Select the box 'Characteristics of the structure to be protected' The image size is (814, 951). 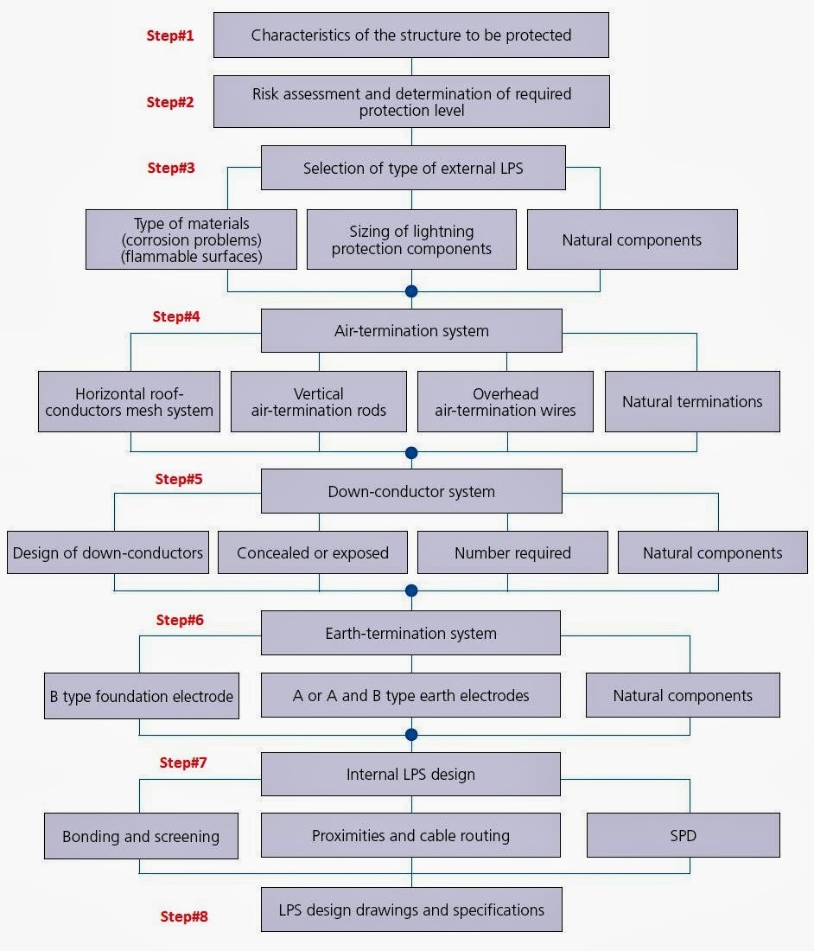(411, 35)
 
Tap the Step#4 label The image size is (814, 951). (176, 316)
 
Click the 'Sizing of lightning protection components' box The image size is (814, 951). (411, 239)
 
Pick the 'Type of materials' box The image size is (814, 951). (191, 239)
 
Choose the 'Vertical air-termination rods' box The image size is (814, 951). (319, 402)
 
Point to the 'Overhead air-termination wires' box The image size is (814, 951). (506, 402)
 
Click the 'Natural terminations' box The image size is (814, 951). (692, 402)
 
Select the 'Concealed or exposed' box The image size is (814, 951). (312, 553)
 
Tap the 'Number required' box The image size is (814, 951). (512, 553)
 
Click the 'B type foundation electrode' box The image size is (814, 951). (141, 696)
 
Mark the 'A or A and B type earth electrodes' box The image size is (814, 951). (411, 696)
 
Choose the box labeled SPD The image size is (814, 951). (683, 836)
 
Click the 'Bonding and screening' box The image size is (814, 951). (141, 836)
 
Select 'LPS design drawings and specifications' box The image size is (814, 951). (411, 910)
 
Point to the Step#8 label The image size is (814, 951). (184, 916)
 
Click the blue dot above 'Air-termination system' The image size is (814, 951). (411, 291)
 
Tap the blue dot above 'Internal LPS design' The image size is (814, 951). (411, 735)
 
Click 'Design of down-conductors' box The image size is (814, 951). (108, 553)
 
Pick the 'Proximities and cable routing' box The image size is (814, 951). (411, 836)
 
